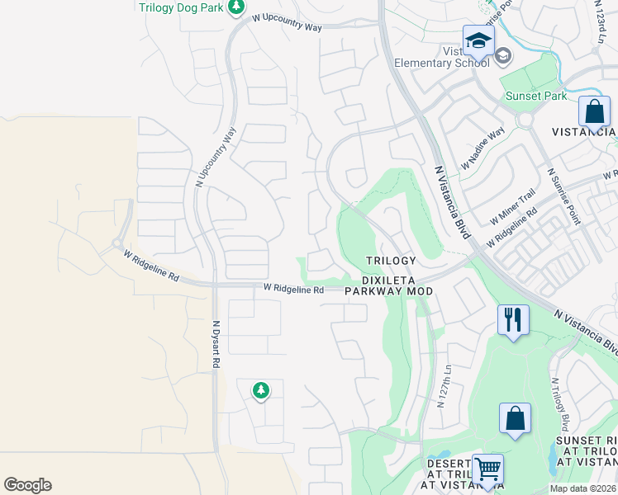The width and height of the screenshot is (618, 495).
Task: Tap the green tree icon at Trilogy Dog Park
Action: [x=236, y=7]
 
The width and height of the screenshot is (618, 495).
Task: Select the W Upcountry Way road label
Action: [x=287, y=22]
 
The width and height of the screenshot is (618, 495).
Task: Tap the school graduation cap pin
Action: [x=478, y=40]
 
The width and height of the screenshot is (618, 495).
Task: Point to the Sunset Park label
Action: [x=536, y=96]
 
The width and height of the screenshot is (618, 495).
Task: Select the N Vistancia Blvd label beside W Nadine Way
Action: [x=452, y=202]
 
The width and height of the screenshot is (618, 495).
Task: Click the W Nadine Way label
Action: [x=483, y=148]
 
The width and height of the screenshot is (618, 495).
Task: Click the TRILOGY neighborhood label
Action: [x=391, y=261]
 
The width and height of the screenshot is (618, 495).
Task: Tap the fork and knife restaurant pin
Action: [x=512, y=319]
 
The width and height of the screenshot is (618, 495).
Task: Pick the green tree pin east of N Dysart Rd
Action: [x=261, y=389]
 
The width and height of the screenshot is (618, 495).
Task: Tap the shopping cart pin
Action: [x=487, y=469]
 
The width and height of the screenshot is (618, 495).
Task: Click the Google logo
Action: [x=27, y=485]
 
